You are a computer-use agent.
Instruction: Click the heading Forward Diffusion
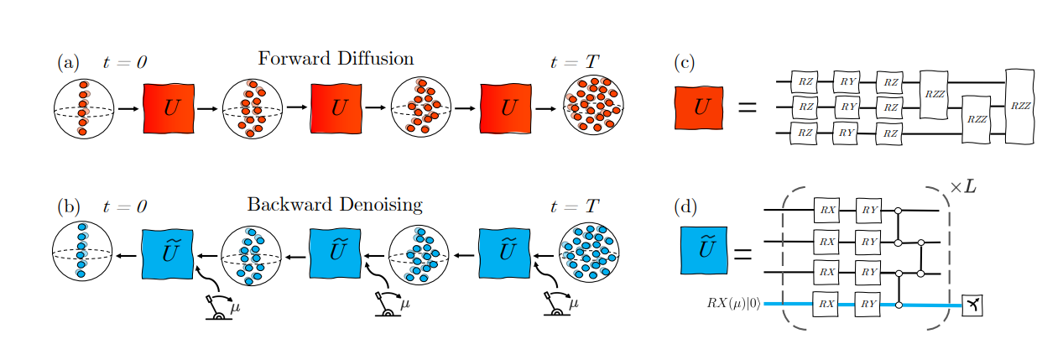click(x=335, y=59)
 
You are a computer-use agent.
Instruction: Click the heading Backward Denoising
click(x=334, y=205)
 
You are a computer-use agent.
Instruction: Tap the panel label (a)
click(x=68, y=62)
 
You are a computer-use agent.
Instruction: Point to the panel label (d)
click(x=685, y=206)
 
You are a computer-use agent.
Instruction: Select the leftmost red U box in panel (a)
click(x=169, y=108)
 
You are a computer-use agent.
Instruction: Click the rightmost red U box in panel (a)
click(x=507, y=108)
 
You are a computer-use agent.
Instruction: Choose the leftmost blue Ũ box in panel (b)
click(x=168, y=253)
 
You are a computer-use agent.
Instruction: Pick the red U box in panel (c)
click(x=699, y=108)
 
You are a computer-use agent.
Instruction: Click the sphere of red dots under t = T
click(x=593, y=107)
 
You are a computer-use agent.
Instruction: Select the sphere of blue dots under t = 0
click(x=82, y=252)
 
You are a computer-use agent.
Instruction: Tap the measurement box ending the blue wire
click(x=972, y=305)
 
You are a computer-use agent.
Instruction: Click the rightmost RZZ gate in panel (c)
click(x=1019, y=106)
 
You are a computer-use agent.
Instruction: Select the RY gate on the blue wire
click(x=867, y=305)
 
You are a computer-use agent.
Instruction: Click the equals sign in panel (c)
click(x=746, y=108)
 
